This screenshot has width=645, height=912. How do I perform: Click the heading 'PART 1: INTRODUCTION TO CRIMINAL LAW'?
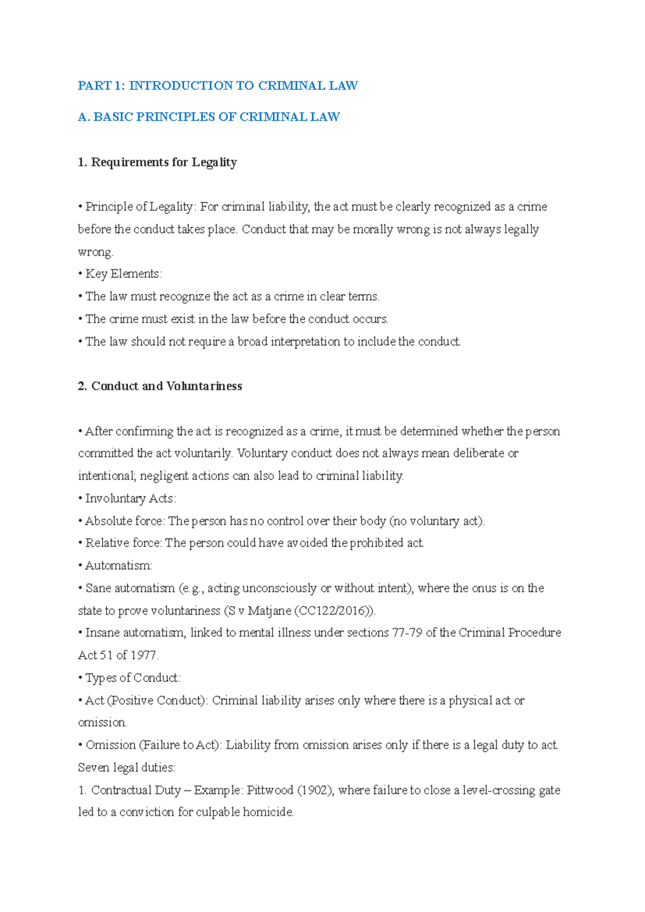218,85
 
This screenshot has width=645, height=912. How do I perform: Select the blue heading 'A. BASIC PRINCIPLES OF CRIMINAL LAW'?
209,117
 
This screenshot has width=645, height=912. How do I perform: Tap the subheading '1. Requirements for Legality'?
157,162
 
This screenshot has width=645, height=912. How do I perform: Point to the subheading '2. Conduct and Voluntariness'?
160,386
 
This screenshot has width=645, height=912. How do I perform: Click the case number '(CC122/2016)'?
334,610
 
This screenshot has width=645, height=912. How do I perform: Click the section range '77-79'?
407,632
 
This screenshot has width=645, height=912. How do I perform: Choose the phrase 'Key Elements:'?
123,274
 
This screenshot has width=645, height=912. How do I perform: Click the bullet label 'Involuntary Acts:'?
130,498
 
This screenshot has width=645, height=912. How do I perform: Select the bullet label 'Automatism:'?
118,566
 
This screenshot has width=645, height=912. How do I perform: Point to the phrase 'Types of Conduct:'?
133,678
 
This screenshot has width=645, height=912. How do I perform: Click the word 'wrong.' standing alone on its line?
96,252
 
